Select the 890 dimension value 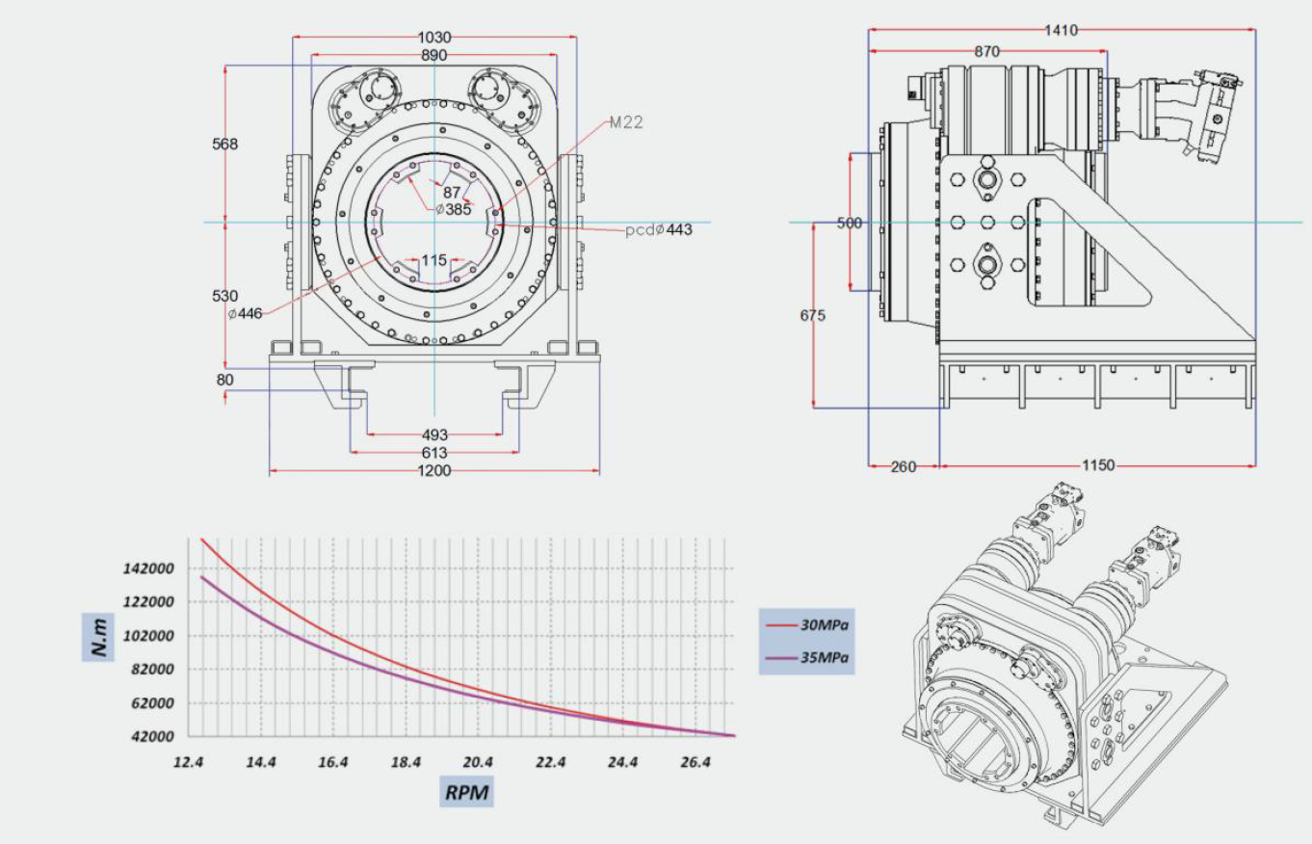(433, 56)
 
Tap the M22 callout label (626, 122)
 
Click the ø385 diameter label (452, 209)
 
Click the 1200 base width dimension (433, 471)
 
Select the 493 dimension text (434, 435)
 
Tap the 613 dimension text (434, 453)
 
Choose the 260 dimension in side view (903, 466)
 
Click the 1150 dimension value (1097, 466)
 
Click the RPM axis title (467, 792)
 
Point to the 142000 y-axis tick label (148, 568)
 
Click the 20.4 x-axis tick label (478, 762)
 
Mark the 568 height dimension (224, 145)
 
